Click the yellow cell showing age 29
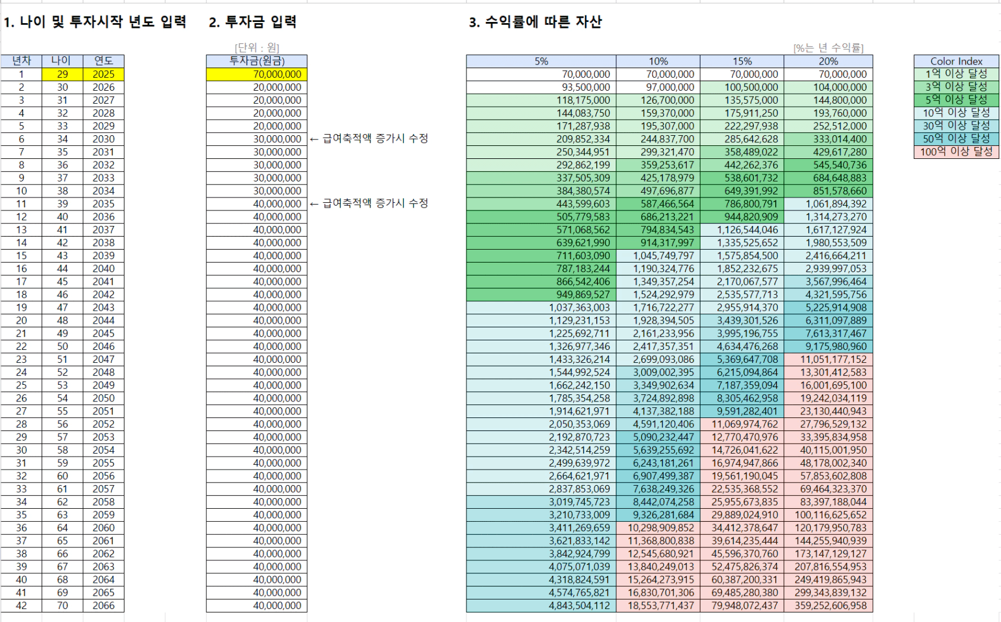point(62,74)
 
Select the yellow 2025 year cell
point(103,74)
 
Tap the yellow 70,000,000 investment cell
point(257,74)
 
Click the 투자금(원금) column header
point(257,61)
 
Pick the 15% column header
point(741,61)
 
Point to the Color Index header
point(956,61)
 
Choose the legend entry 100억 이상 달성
point(956,152)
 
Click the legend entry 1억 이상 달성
point(956,74)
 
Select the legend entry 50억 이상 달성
point(956,139)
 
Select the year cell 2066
point(103,605)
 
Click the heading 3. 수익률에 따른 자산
point(535,23)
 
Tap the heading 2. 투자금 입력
point(252,23)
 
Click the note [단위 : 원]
point(257,48)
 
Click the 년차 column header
point(21,61)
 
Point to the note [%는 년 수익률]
point(828,48)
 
